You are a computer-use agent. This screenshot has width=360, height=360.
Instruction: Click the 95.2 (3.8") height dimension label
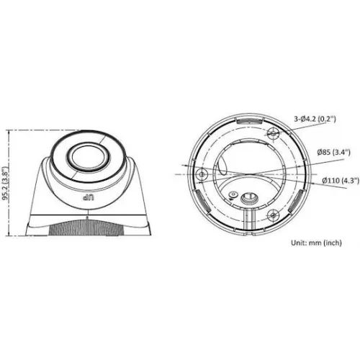[x=5, y=183]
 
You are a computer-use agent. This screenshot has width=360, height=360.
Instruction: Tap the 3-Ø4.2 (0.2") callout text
[x=315, y=119]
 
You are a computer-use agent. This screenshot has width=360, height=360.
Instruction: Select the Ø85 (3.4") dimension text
[x=333, y=152]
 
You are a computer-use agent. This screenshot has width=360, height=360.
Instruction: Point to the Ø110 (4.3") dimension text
[x=341, y=180]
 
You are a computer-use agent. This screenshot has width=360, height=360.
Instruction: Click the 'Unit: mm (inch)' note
[x=316, y=243]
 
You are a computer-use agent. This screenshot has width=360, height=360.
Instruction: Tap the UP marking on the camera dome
[x=89, y=198]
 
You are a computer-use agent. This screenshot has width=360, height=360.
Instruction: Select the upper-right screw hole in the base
[x=273, y=133]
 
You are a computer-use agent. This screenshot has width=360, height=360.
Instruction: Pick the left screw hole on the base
[x=202, y=174]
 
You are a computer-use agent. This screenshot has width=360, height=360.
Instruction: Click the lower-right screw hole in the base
[x=273, y=215]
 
